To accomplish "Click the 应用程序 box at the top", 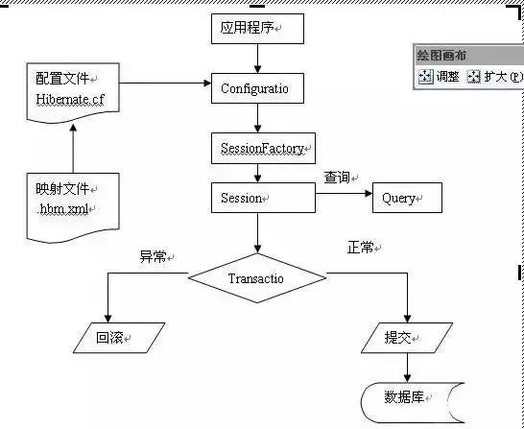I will click(256, 30).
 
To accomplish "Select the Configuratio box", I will click(256, 89).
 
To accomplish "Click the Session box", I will click(262, 199).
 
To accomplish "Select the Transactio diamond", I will click(256, 278).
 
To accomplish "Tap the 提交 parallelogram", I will click(406, 338).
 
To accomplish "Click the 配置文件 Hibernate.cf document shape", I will click(72, 91).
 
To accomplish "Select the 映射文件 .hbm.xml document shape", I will click(72, 202).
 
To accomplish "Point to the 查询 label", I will click(339, 178).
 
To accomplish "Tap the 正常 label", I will click(362, 248).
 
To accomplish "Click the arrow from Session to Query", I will click(344, 199).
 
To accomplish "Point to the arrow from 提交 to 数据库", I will click(407, 367).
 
